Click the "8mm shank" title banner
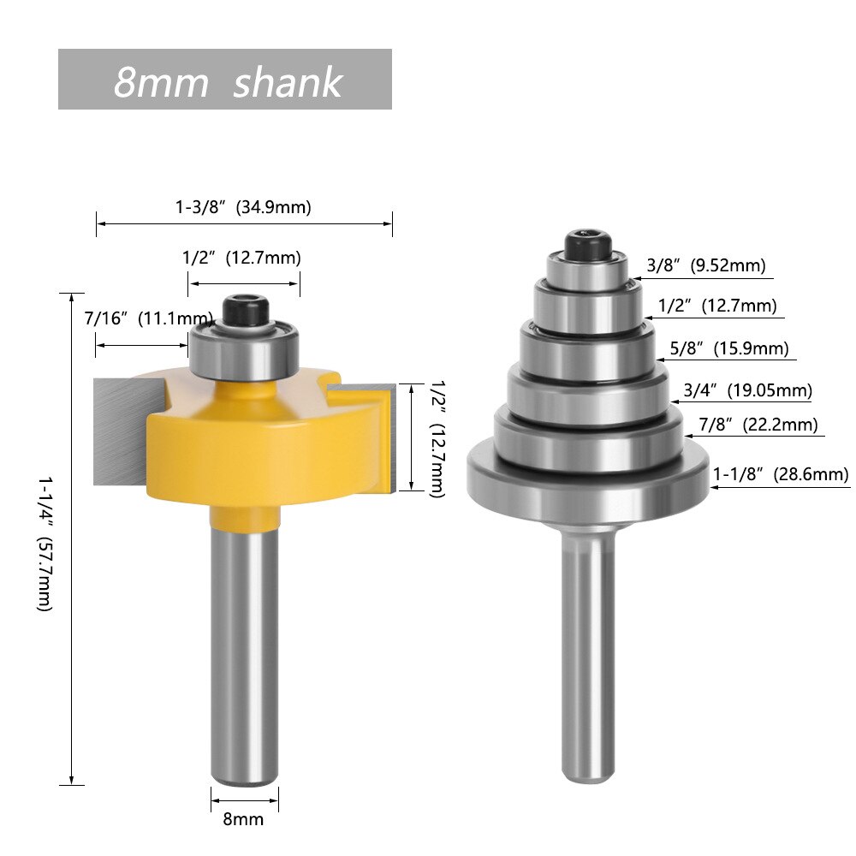coord(225,80)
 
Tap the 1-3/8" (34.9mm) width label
coord(243,207)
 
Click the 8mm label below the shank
coord(243,819)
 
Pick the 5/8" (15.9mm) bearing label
coord(723,348)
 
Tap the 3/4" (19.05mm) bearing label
coord(747,391)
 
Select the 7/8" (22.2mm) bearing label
coord(758,425)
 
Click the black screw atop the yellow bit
coord(244,308)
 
